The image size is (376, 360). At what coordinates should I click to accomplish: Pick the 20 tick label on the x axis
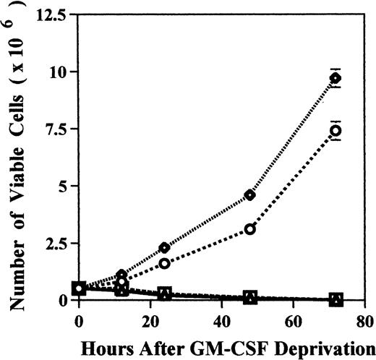[164, 317]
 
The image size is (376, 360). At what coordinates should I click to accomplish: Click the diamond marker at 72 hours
[336, 77]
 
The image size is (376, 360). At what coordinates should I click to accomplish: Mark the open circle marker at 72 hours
[336, 130]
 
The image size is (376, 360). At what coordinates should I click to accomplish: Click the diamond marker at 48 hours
[250, 194]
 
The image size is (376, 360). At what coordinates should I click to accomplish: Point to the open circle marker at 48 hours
[250, 228]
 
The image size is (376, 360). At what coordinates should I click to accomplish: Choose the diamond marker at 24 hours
[164, 247]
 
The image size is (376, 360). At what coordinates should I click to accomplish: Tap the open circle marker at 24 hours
[164, 263]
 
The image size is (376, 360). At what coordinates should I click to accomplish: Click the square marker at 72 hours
[336, 299]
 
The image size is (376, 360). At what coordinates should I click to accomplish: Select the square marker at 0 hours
[79, 288]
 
